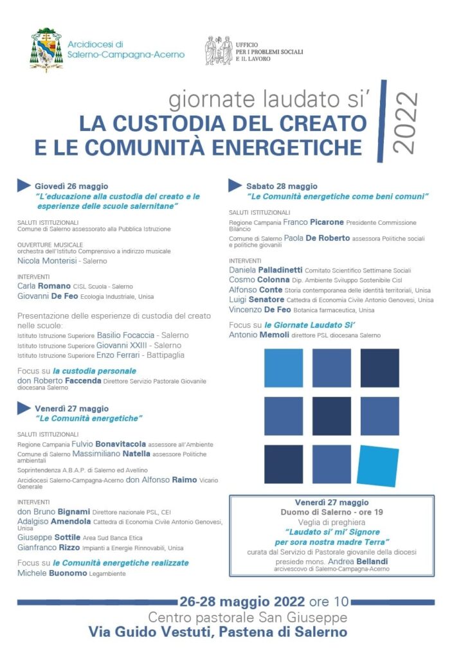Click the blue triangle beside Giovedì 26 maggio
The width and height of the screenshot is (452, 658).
(24, 185)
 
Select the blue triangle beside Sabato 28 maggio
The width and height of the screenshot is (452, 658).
(235, 185)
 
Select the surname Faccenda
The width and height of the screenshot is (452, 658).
(83, 380)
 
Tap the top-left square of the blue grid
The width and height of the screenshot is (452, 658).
(284, 368)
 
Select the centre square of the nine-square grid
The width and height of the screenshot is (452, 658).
(331, 416)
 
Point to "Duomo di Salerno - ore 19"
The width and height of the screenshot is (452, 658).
(332, 512)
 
